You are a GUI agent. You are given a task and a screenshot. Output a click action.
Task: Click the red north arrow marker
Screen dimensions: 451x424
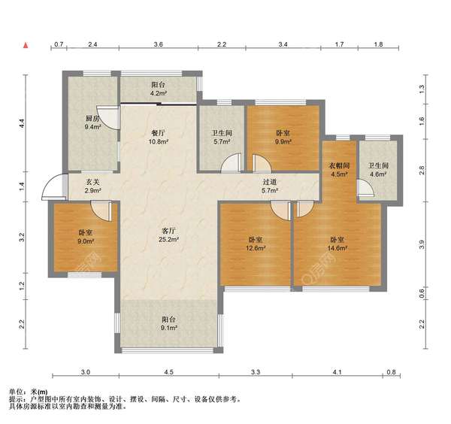(x=26, y=45)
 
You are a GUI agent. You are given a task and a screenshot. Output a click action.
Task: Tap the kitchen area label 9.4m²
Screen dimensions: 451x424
(x=92, y=126)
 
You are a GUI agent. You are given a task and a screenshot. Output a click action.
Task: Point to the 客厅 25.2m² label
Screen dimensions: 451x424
(x=169, y=235)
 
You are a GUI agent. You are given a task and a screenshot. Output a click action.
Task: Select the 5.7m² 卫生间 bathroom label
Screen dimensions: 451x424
(x=222, y=138)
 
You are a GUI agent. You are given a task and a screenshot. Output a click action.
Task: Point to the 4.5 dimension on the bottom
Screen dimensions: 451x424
(x=169, y=372)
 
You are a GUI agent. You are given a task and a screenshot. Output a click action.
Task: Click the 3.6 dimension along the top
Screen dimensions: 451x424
(x=158, y=44)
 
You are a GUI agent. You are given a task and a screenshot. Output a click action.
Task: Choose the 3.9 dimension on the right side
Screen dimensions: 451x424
(x=422, y=245)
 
